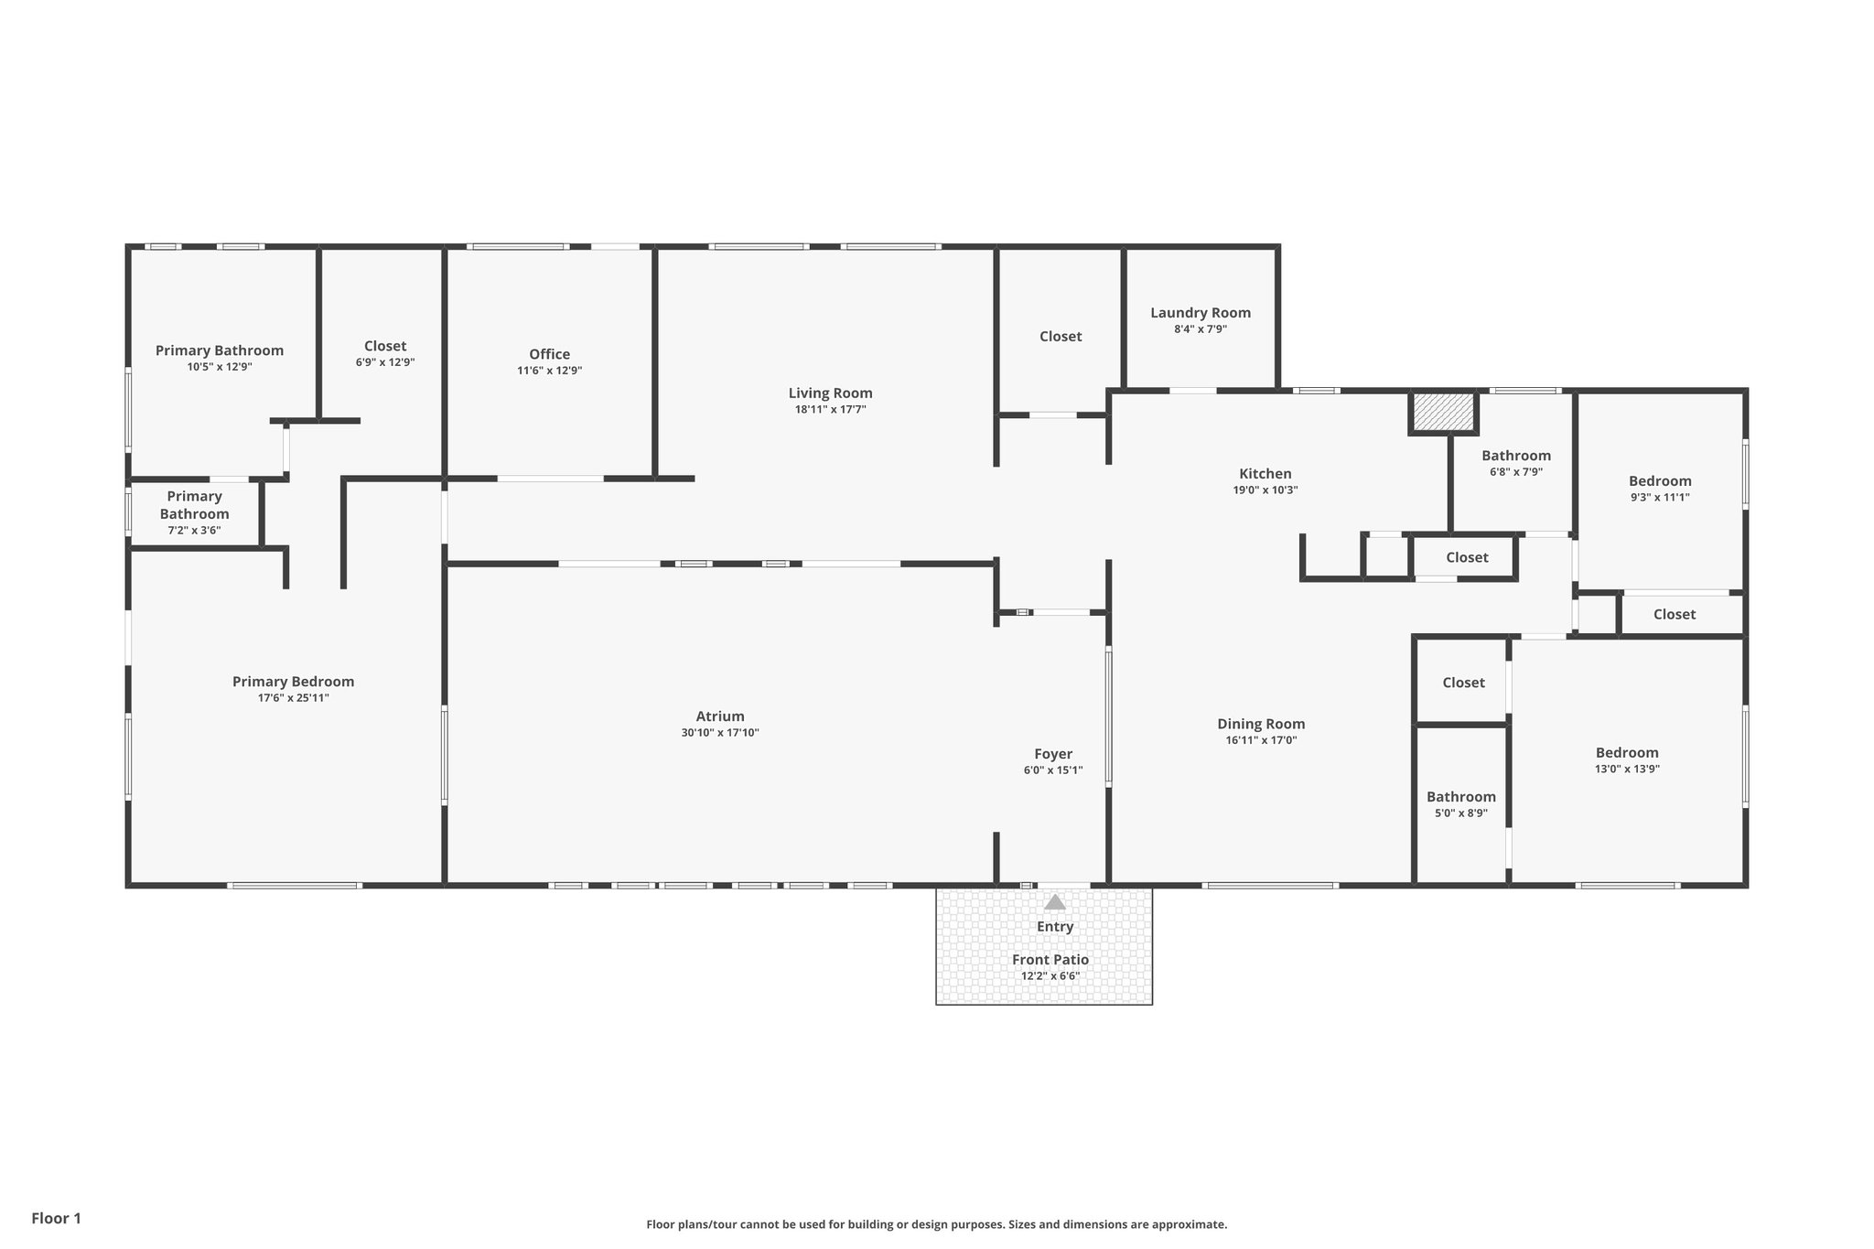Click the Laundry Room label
point(1200,313)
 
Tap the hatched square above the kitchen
point(1443,412)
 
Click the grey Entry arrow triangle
point(1055,902)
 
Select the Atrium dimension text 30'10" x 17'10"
point(719,733)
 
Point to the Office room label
point(549,354)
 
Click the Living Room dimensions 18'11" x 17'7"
point(830,410)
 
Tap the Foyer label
point(1052,754)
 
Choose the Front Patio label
point(1050,959)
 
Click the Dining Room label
point(1260,724)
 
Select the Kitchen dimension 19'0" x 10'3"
point(1265,490)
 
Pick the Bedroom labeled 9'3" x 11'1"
point(1659,481)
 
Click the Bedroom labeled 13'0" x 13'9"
point(1626,753)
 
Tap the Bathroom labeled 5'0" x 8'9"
point(1460,797)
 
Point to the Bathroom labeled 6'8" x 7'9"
point(1515,456)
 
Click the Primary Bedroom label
point(293,682)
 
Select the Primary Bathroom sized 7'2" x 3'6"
point(194,505)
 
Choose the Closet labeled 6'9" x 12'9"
point(384,346)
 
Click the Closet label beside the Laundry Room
point(1060,337)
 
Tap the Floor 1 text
point(56,1218)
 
